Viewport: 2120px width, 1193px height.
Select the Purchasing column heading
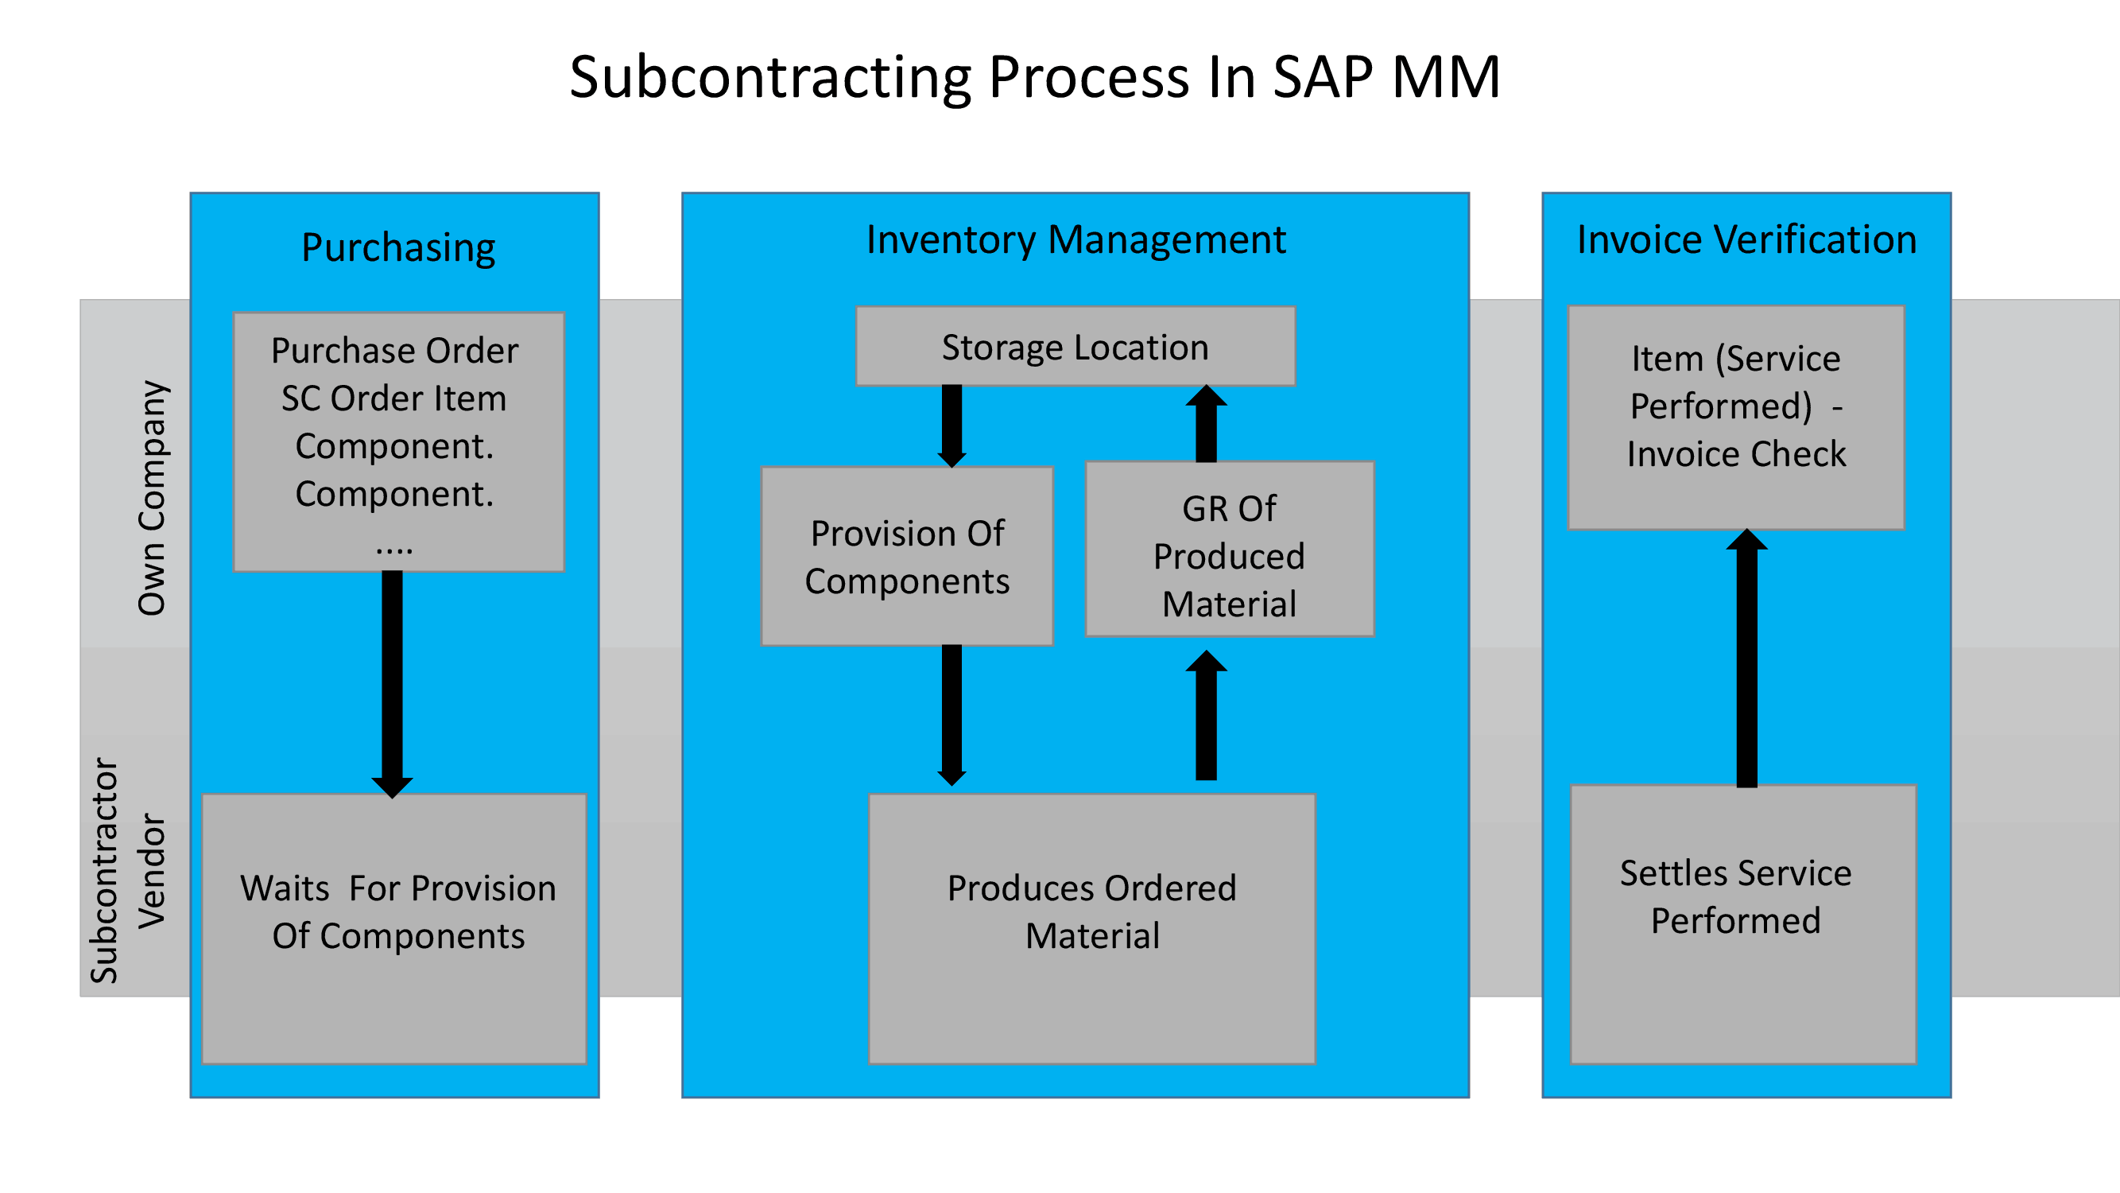pos(398,247)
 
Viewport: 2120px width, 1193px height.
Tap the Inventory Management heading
pos(1075,239)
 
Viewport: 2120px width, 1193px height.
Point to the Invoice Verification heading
pos(1746,239)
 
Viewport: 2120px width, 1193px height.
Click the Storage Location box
pos(1075,347)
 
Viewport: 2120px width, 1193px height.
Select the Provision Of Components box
pos(906,557)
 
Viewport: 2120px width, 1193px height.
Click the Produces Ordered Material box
pos(1091,928)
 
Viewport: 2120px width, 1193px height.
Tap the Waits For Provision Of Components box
pos(394,928)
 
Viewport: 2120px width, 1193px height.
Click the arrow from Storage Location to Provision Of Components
pos(951,425)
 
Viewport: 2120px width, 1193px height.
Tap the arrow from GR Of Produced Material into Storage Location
pos(1206,425)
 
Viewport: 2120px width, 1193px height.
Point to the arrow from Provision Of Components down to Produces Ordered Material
pos(951,713)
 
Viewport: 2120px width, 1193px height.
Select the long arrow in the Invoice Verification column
pos(1746,659)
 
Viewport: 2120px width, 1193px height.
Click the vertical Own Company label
pos(153,497)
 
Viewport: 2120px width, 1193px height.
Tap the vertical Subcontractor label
pos(104,869)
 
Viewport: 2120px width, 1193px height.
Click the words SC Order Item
pos(393,398)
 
